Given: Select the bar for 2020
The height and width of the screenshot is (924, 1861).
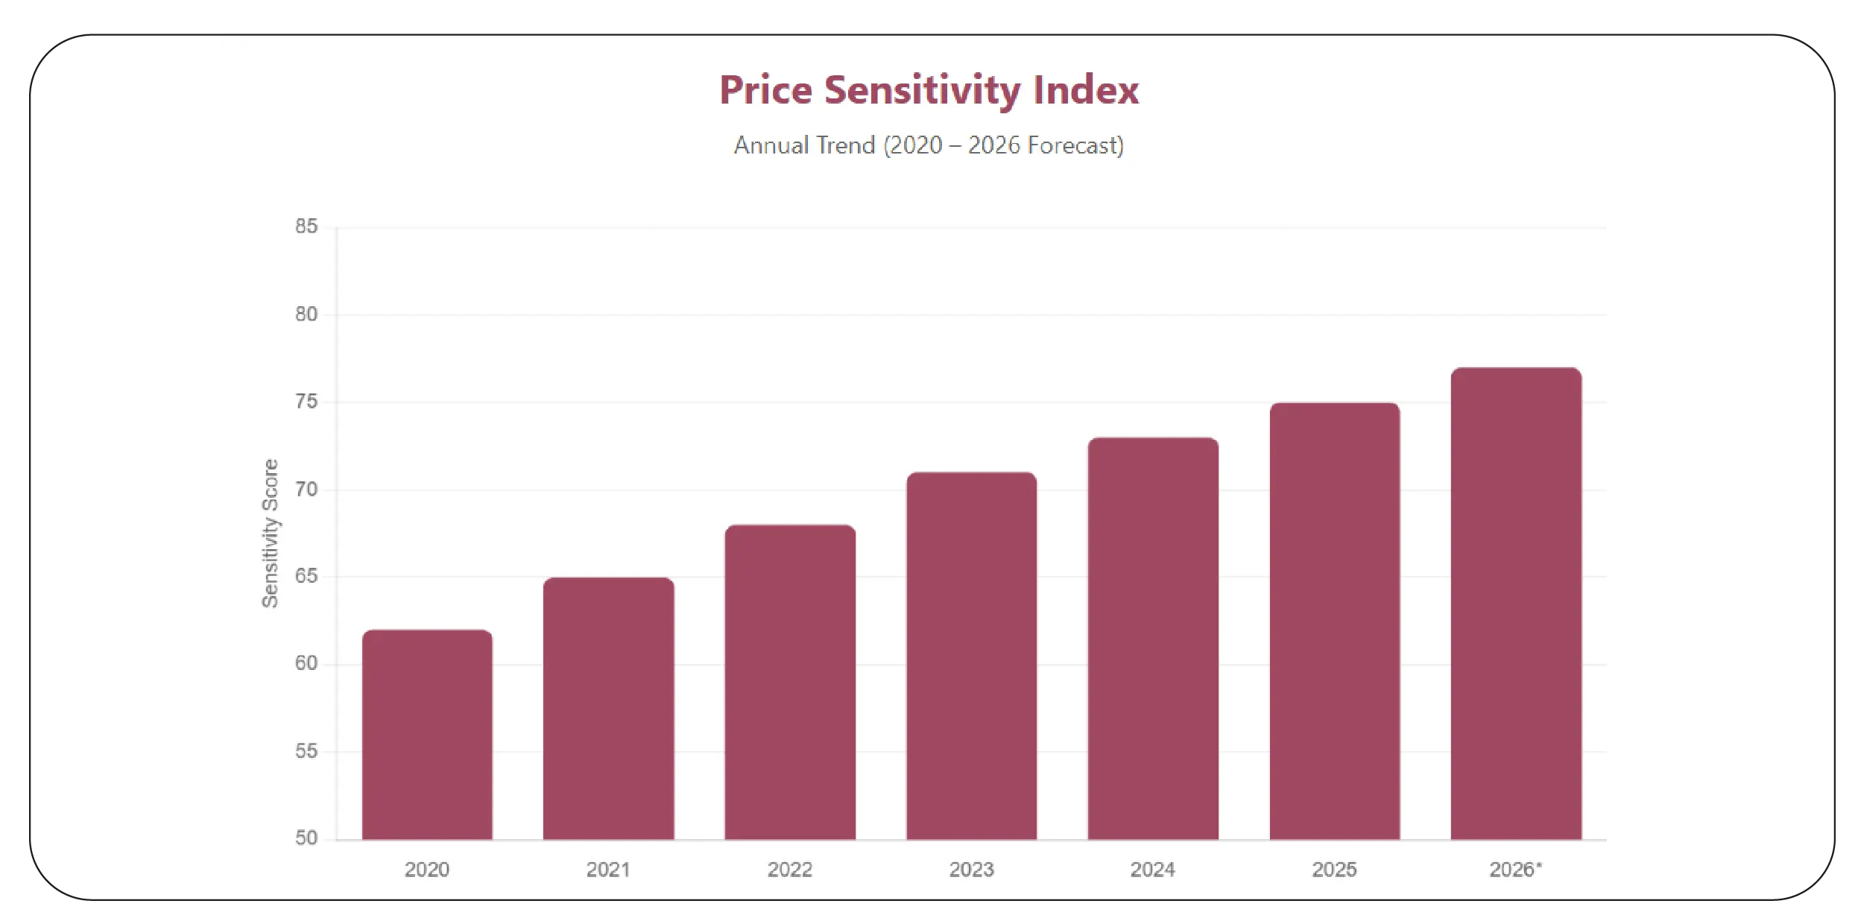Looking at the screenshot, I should [x=427, y=735].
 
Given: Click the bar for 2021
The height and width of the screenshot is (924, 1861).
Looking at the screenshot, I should [x=608, y=709].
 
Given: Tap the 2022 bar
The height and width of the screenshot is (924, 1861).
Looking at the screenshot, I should [x=790, y=683].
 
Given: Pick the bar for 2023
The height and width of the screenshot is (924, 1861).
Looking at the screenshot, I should [x=971, y=656].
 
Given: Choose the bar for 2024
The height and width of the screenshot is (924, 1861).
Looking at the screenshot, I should [x=1153, y=639].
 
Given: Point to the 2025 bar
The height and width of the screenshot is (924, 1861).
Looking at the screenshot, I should [x=1334, y=621].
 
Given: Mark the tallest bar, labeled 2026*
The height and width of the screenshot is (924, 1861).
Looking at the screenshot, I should [x=1516, y=604].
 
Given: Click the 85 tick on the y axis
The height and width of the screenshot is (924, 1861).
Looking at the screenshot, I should [x=306, y=227].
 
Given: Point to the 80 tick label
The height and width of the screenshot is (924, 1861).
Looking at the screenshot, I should [x=306, y=314].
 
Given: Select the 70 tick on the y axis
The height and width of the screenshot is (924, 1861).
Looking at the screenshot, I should [x=306, y=490].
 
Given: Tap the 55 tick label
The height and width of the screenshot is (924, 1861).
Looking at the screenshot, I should [x=306, y=751].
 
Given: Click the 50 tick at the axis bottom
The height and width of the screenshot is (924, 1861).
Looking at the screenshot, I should [x=306, y=838].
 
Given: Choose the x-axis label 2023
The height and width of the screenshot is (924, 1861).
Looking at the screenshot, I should [x=971, y=870].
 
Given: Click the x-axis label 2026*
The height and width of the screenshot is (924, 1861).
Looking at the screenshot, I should [x=1515, y=870].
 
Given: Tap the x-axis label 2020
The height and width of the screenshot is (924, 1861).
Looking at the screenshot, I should [x=427, y=870].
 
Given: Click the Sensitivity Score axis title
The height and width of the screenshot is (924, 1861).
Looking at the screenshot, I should [x=270, y=534].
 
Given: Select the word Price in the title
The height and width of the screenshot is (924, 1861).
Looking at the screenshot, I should [x=765, y=91].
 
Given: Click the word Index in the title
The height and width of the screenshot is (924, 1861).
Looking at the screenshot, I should [x=1085, y=91].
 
